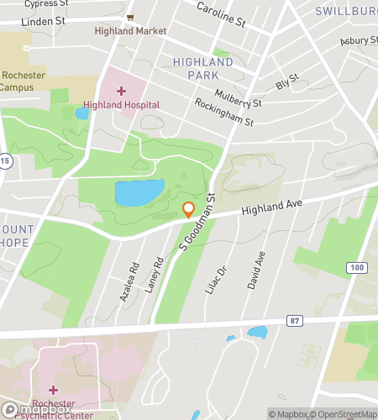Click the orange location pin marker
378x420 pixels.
(188, 210)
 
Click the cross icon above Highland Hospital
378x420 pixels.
(121, 90)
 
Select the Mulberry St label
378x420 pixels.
(239, 98)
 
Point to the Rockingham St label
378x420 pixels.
(224, 113)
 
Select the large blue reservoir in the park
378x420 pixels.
(139, 192)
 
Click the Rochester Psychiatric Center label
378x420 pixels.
(55, 407)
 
